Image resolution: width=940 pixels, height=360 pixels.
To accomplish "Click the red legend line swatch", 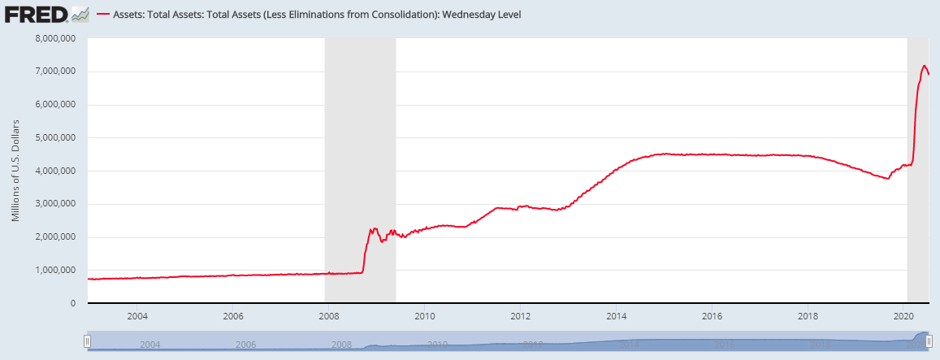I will pos(104,15).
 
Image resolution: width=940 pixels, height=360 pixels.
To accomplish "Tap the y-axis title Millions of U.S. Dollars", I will pos(16,171).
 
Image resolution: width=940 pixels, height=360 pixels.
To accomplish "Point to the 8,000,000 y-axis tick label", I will pos(52,38).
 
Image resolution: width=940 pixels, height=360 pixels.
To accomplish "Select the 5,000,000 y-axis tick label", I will pos(52,137).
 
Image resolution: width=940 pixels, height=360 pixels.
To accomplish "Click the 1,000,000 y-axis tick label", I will pos(52,270).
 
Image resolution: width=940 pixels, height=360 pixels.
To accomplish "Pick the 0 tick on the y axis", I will pos(73,303).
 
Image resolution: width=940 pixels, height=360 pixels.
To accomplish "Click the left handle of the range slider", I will pos(87,343).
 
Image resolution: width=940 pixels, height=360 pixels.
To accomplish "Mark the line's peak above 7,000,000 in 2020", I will pos(924,66).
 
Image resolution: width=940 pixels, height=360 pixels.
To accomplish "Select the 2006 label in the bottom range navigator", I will pos(245,345).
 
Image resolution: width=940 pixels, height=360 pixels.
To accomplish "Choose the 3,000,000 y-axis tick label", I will pos(52,204).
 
